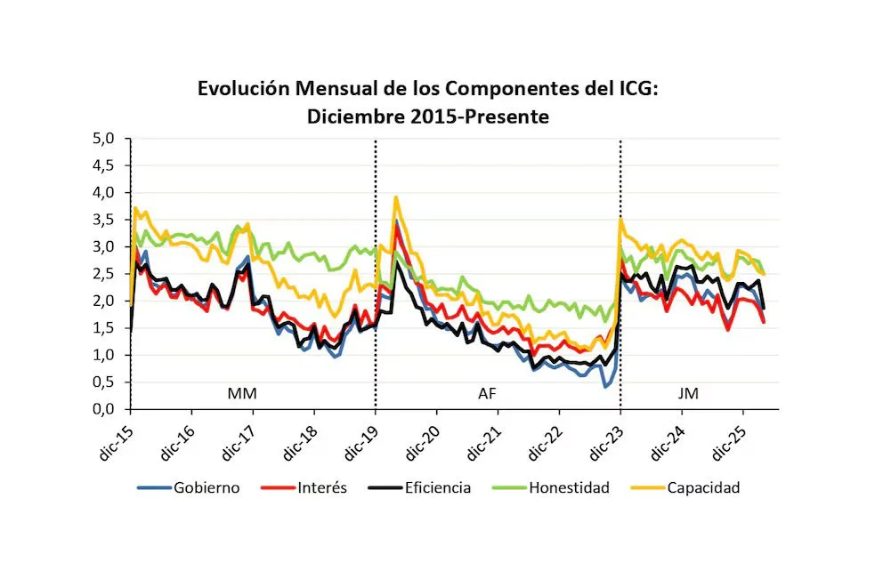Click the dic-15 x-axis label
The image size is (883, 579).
click(x=116, y=436)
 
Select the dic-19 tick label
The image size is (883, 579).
click(x=360, y=436)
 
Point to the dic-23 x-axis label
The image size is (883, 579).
click(x=605, y=436)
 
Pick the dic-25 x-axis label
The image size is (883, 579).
click(x=728, y=436)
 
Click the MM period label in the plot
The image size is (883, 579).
click(x=241, y=391)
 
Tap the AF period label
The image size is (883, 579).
click(x=488, y=391)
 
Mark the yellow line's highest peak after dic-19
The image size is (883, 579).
click(x=395, y=197)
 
